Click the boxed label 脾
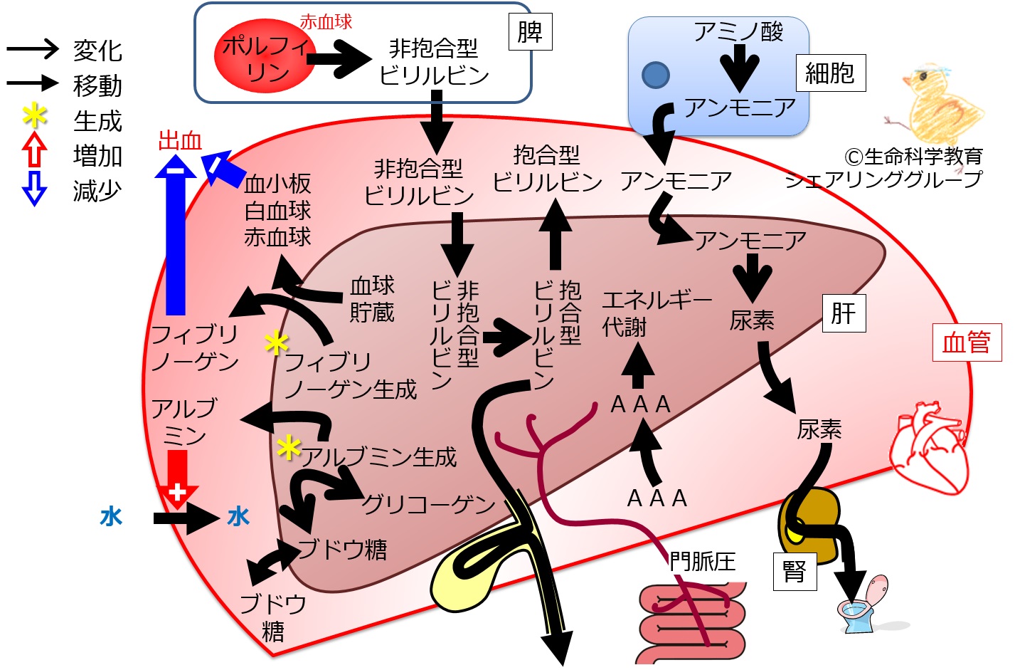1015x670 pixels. point(530,32)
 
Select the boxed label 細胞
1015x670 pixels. point(831,73)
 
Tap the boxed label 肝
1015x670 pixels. point(844,313)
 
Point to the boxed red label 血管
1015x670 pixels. point(967,342)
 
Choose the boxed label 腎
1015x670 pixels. point(795,572)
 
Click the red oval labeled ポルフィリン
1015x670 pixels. point(265,56)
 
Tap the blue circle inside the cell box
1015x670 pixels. point(656,75)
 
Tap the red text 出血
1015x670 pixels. point(180,141)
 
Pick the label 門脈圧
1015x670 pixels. point(702,562)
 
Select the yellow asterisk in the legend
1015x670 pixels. point(34,116)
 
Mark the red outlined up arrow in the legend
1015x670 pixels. point(34,150)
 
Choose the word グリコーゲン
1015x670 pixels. point(429,504)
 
